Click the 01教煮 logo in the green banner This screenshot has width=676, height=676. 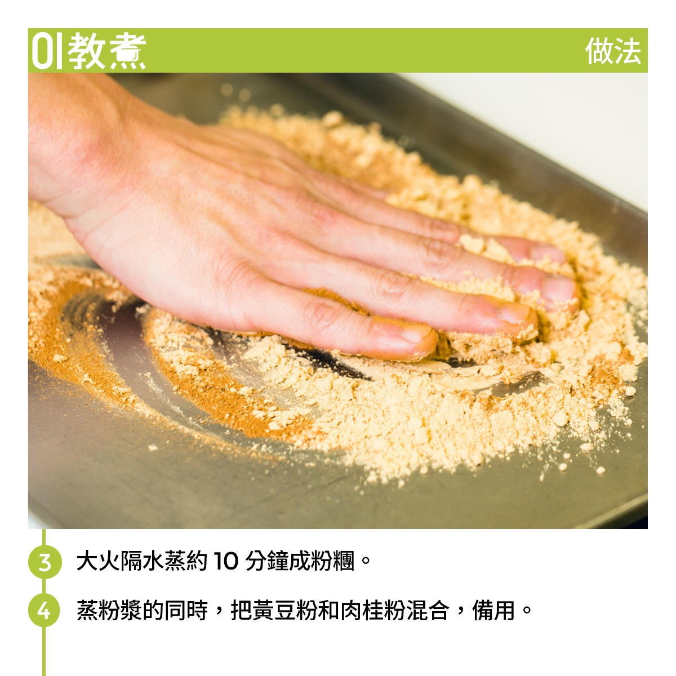(x=88, y=51)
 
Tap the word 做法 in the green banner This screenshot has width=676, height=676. (x=613, y=51)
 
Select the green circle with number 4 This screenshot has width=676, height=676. (x=44, y=611)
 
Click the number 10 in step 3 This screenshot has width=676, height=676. (x=225, y=561)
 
